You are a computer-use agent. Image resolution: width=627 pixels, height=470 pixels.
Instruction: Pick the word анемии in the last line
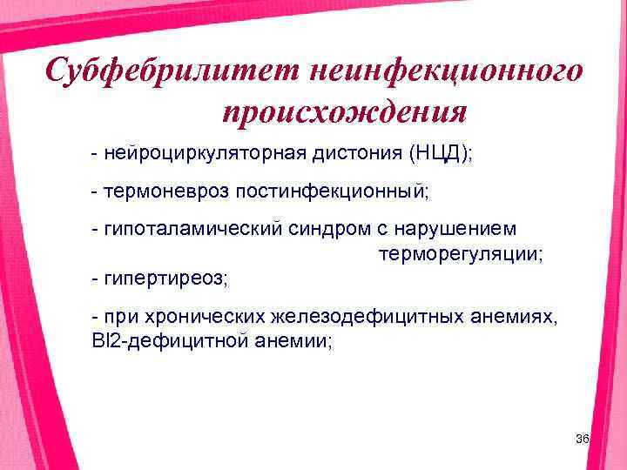pos(282,341)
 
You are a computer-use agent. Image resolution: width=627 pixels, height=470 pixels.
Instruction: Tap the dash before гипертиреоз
pos(95,279)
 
